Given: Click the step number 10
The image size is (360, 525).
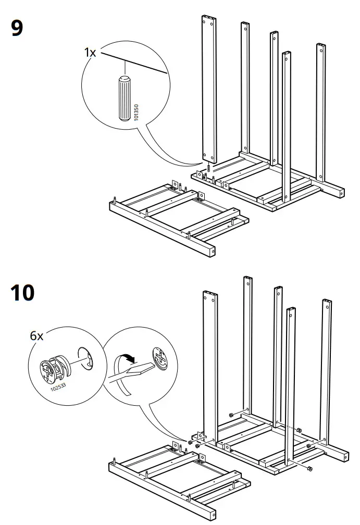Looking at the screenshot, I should click(22, 293).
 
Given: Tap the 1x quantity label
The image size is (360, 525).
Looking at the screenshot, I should click(90, 52).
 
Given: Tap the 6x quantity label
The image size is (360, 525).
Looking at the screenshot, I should click(36, 336).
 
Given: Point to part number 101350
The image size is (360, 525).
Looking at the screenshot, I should click(136, 113).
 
